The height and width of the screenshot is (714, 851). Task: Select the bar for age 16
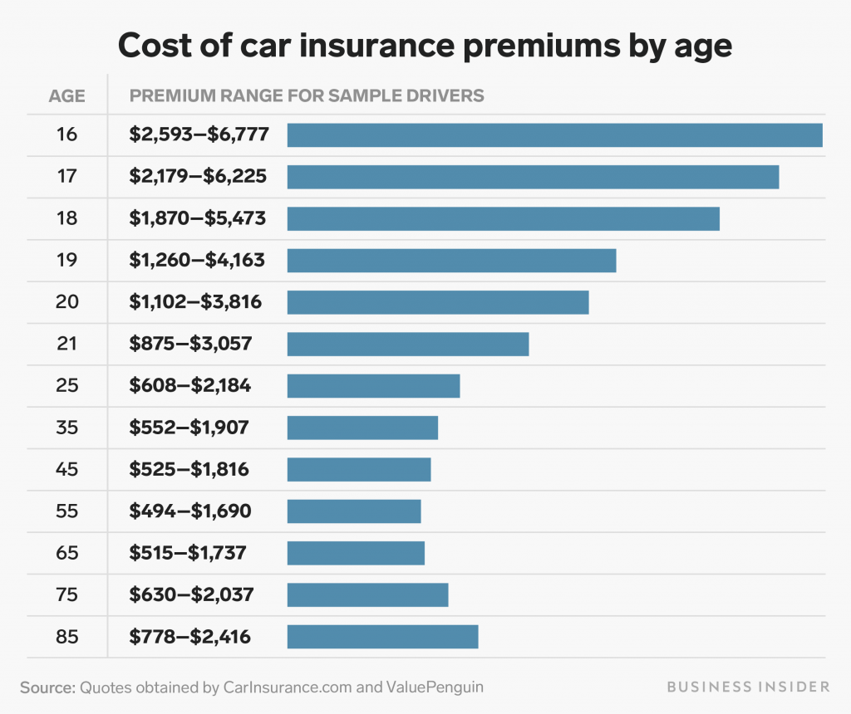click(x=554, y=135)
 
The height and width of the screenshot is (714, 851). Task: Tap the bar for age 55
click(x=354, y=511)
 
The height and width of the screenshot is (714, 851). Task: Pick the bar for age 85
click(x=382, y=637)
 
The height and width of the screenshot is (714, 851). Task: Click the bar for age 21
click(x=407, y=344)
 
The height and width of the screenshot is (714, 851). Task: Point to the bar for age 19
click(x=451, y=261)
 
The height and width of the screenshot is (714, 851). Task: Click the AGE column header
click(x=67, y=95)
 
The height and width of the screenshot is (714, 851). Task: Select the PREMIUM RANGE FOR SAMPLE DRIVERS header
click(x=307, y=95)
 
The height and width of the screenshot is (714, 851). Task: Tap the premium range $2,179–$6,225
click(x=198, y=177)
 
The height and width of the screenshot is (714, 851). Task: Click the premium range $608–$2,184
click(x=190, y=386)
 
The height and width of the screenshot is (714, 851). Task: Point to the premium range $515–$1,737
click(x=188, y=553)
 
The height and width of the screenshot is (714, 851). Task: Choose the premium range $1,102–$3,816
click(x=196, y=302)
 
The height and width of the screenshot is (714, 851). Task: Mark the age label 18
click(x=67, y=219)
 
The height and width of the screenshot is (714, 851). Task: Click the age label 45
click(x=67, y=470)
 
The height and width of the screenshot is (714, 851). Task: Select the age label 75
click(x=67, y=595)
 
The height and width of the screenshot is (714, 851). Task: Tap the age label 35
click(x=67, y=428)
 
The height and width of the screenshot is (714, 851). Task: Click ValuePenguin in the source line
click(x=434, y=687)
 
